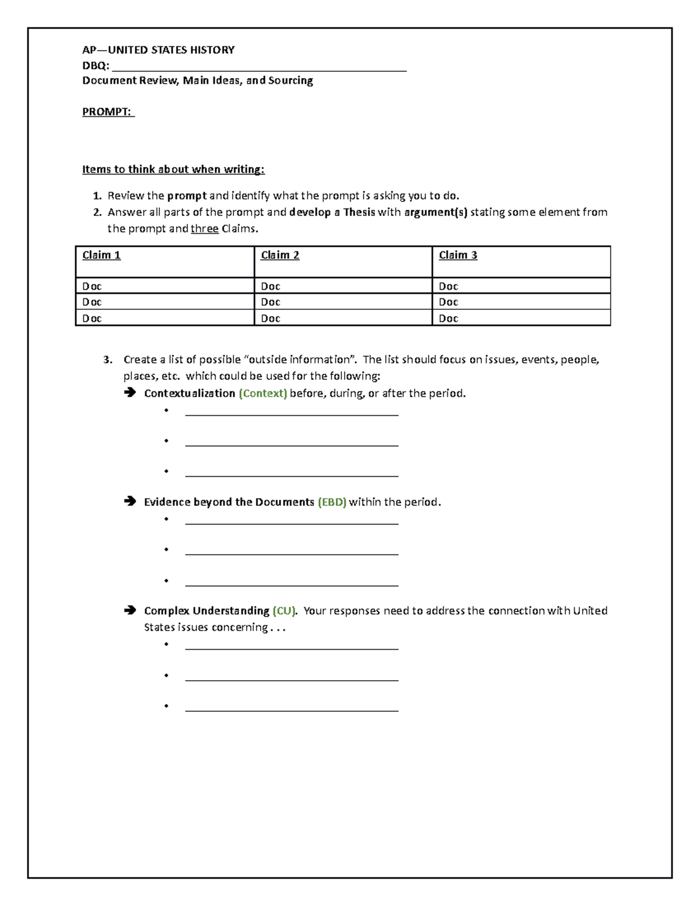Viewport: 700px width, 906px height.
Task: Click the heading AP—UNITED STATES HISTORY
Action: (x=158, y=50)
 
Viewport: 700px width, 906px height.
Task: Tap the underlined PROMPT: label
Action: (x=108, y=112)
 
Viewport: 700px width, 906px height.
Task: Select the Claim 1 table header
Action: (x=101, y=255)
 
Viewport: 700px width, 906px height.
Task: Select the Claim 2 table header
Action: (x=280, y=255)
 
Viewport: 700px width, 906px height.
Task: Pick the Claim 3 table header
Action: (x=458, y=255)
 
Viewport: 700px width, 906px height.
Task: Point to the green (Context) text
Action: (x=262, y=393)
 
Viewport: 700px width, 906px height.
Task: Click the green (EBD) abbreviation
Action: (x=332, y=502)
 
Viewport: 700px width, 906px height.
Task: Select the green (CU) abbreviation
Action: (x=284, y=611)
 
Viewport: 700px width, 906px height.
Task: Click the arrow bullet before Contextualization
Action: (x=129, y=393)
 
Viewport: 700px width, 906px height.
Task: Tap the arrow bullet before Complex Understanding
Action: (x=129, y=611)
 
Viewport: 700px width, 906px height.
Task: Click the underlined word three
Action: (x=204, y=229)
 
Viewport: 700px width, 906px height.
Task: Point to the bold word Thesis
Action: (x=359, y=212)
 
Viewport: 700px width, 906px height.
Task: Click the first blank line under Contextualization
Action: (x=292, y=414)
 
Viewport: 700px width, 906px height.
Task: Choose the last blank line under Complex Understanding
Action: (x=292, y=709)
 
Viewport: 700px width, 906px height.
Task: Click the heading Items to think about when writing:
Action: (x=173, y=170)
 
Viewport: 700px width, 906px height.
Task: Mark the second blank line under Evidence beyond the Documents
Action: (x=292, y=552)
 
